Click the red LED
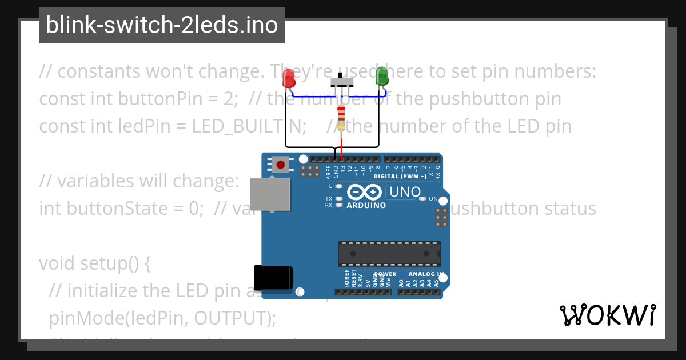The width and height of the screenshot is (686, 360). (x=289, y=78)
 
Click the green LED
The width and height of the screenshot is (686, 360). (x=381, y=77)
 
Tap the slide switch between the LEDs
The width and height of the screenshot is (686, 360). (x=342, y=81)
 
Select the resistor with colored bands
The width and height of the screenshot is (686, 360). (x=342, y=118)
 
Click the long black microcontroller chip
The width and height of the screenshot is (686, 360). (x=389, y=253)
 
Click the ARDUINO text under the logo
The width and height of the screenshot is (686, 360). (x=366, y=205)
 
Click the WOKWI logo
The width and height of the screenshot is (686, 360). (x=607, y=315)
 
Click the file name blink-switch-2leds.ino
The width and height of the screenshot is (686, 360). (x=162, y=25)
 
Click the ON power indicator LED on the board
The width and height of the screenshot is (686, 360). (x=423, y=199)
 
